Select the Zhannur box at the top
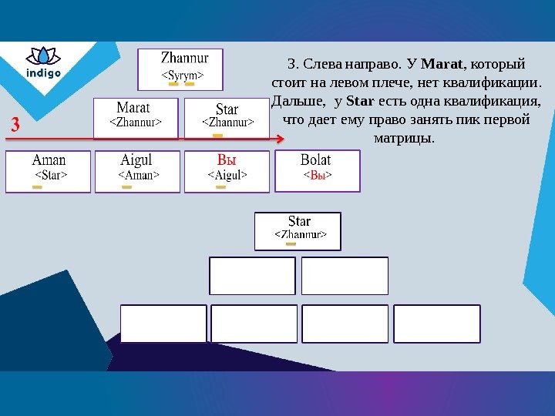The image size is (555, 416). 180,69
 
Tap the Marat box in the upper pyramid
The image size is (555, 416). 136,117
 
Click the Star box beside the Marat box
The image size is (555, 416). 227,117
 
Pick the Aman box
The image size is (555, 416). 48,170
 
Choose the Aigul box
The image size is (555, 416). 137,170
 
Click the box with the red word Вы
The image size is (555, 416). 227,170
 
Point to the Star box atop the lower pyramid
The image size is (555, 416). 298,231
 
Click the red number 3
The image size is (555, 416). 15,125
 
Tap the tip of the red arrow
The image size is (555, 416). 283,139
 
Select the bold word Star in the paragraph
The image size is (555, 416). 360,102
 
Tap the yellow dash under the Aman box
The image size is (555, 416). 37,186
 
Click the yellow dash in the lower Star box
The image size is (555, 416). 291,244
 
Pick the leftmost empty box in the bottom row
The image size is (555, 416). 163,324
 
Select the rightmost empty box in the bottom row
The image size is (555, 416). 436,324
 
